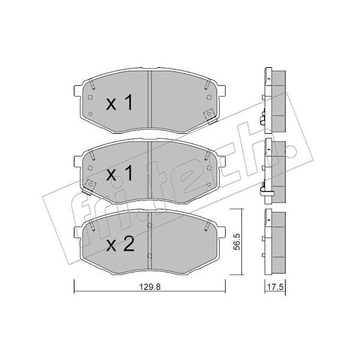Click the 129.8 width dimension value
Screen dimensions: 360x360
click(x=149, y=287)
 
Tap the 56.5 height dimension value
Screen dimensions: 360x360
click(x=237, y=242)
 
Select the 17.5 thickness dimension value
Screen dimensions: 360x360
click(x=275, y=287)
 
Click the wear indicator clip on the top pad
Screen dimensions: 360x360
click(x=210, y=116)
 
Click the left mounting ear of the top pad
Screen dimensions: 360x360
click(x=77, y=92)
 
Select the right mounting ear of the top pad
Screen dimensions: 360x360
click(x=221, y=92)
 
